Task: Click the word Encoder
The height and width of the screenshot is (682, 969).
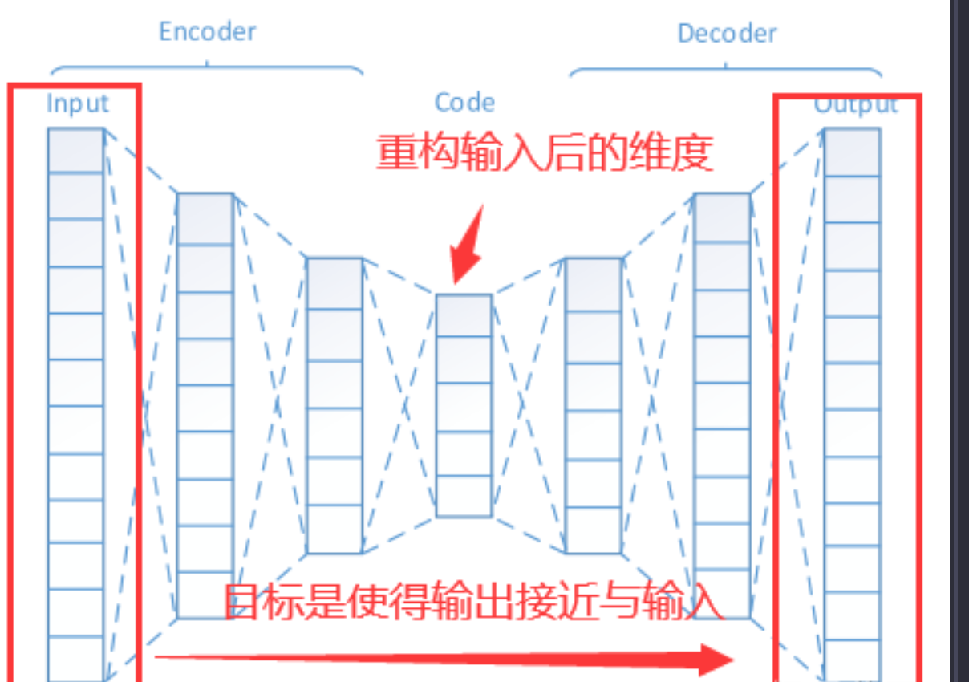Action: (207, 31)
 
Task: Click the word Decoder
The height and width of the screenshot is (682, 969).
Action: (727, 34)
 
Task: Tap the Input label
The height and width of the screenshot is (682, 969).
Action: (77, 104)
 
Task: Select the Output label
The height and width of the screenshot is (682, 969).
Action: (855, 105)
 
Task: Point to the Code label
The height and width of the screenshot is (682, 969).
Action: (464, 103)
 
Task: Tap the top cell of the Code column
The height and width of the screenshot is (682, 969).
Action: (464, 315)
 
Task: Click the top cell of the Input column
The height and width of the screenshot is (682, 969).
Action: (75, 150)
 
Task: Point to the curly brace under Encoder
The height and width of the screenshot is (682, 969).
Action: (207, 67)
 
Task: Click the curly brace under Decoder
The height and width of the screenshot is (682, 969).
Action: (726, 67)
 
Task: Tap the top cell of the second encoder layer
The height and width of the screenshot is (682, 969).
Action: (205, 218)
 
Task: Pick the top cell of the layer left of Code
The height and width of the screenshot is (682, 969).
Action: (334, 283)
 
